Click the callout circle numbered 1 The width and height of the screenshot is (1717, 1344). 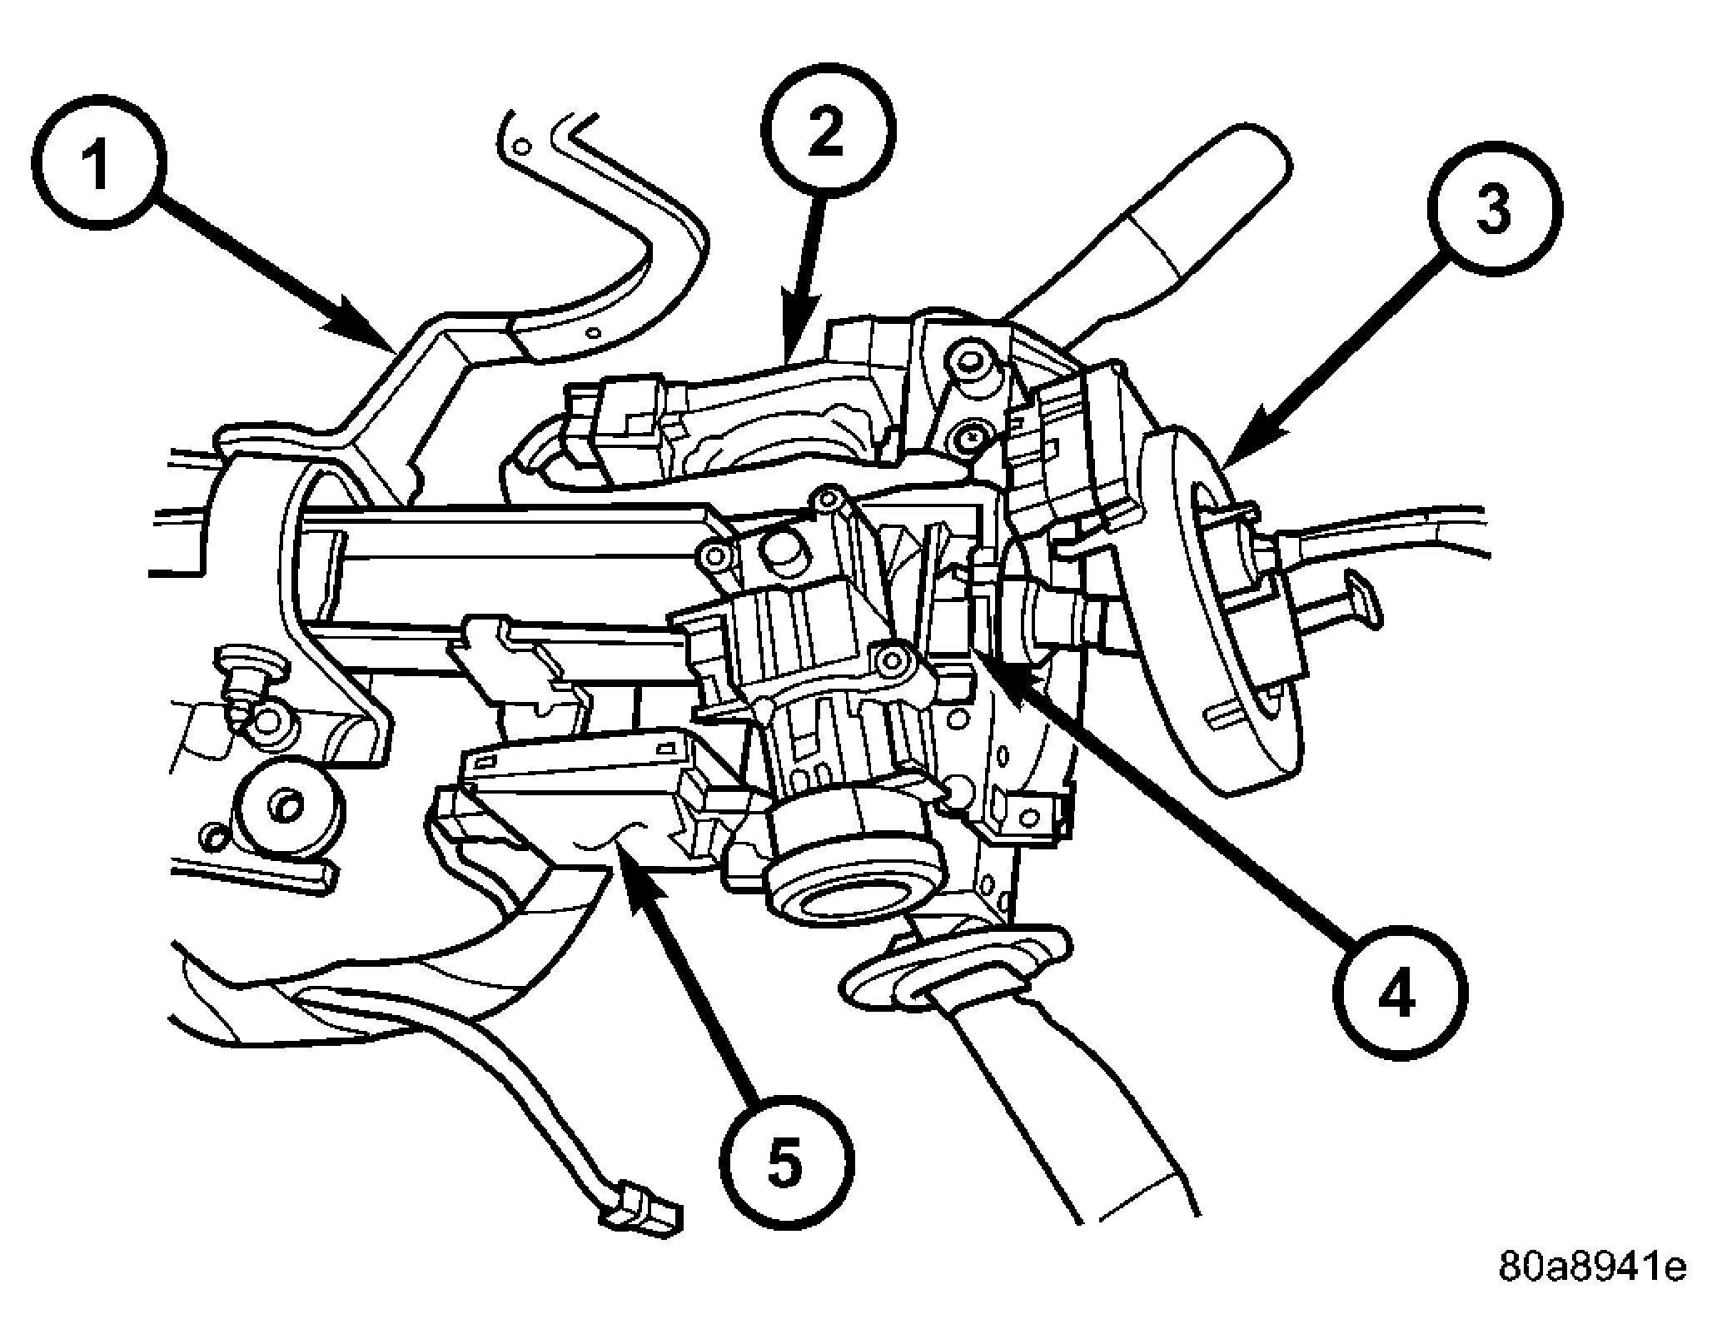click(101, 167)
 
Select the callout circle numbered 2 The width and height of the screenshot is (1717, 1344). click(828, 133)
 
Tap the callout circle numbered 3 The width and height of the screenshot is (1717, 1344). click(1495, 208)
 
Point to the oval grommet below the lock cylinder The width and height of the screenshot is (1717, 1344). click(958, 974)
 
